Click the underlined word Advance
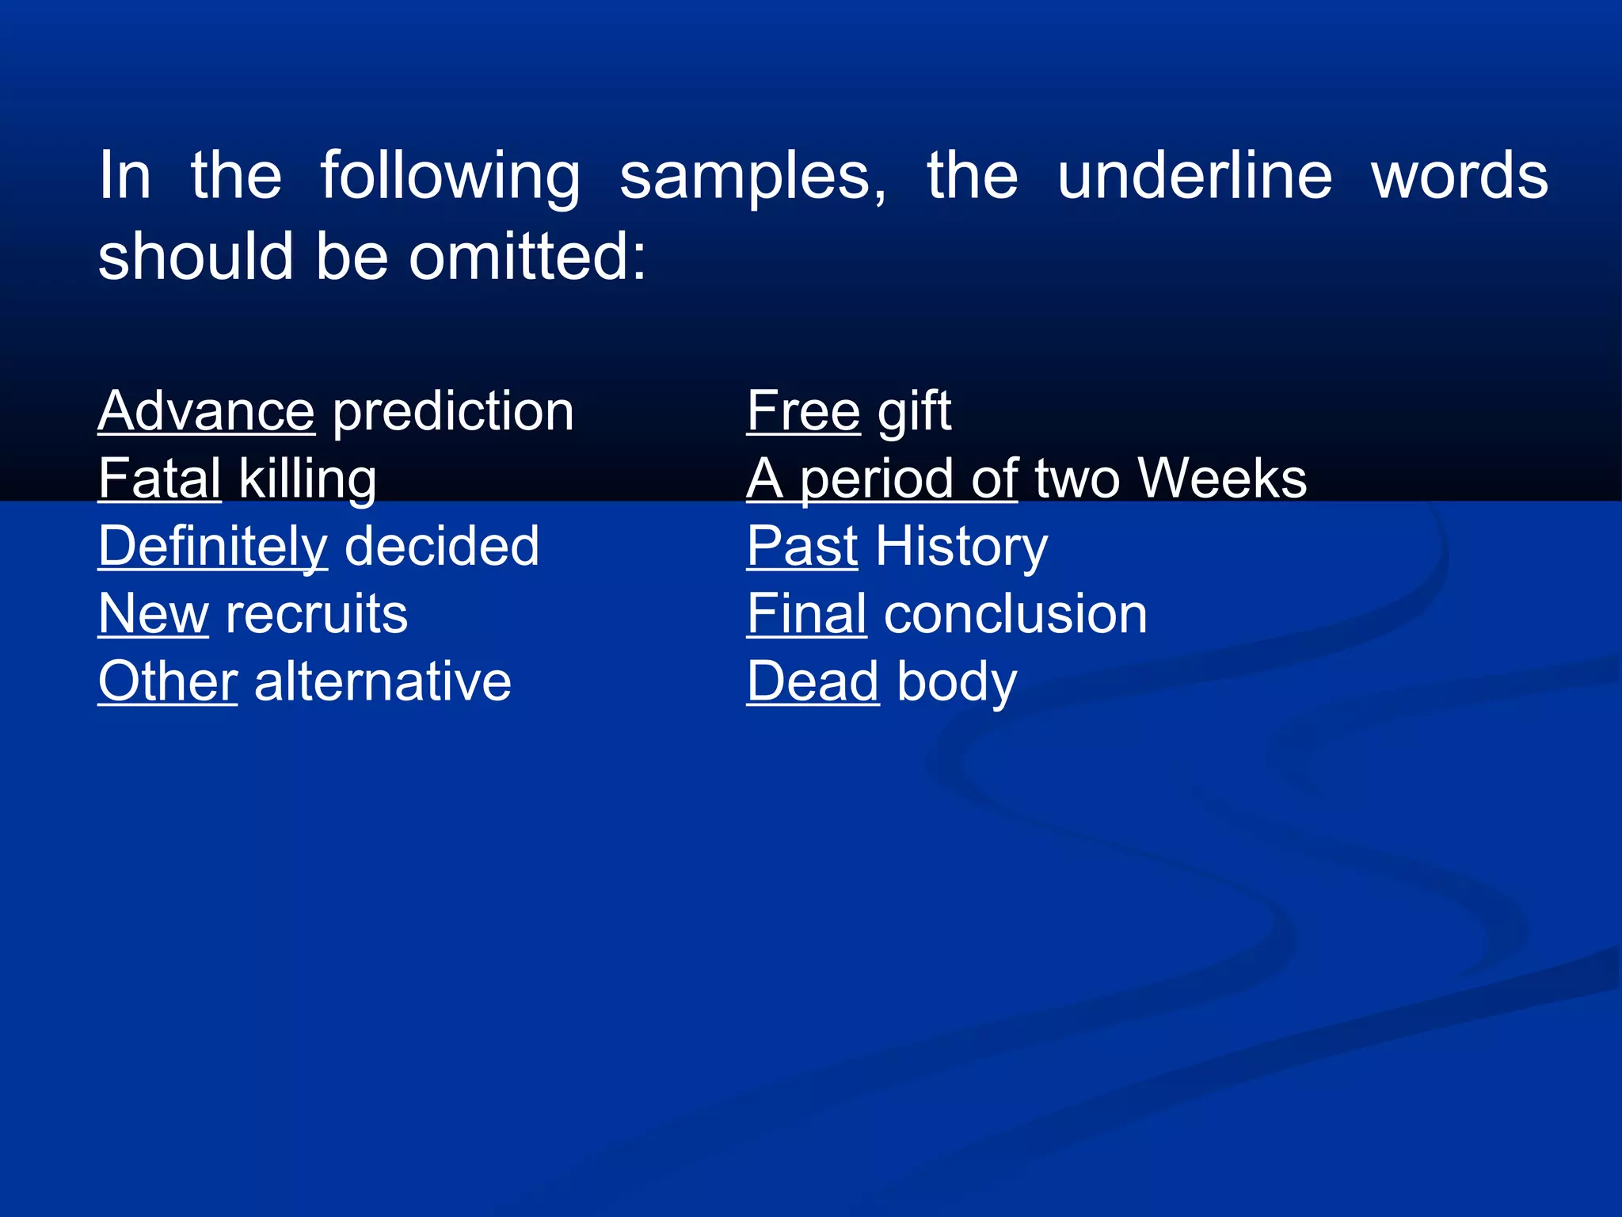206,411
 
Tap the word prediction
453,413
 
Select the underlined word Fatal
159,479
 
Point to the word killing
307,480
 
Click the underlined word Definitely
212,547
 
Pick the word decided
442,546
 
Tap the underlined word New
153,614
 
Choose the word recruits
317,614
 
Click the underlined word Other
167,681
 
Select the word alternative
383,681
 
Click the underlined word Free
803,411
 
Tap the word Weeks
1222,479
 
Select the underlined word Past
802,547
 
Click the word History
961,547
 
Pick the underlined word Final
806,614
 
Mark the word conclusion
1015,614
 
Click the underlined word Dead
813,681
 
